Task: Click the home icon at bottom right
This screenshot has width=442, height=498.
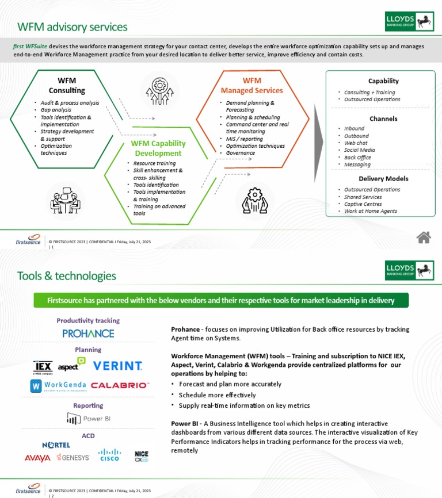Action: pyautogui.click(x=424, y=236)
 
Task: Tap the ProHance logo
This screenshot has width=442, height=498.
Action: pyautogui.click(x=88, y=333)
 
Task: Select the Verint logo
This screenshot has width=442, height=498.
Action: pyautogui.click(x=117, y=366)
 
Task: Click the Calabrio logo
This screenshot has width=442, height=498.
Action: pyautogui.click(x=120, y=385)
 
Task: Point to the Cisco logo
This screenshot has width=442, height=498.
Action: pyautogui.click(x=109, y=455)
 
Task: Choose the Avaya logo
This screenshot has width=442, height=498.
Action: pyautogui.click(x=37, y=458)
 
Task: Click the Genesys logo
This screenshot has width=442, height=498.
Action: pyautogui.click(x=73, y=458)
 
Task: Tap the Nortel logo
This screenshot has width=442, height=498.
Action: pyautogui.click(x=56, y=445)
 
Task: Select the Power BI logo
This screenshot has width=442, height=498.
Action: pyautogui.click(x=88, y=419)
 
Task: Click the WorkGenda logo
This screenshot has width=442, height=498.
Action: pyautogui.click(x=58, y=385)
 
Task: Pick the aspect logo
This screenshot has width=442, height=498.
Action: pyautogui.click(x=72, y=365)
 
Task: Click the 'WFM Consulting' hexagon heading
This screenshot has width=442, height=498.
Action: pyautogui.click(x=67, y=85)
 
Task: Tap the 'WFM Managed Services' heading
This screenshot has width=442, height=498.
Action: pyautogui.click(x=252, y=85)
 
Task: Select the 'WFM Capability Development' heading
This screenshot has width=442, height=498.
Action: pyautogui.click(x=158, y=148)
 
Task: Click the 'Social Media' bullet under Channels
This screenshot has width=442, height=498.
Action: pyautogui.click(x=359, y=150)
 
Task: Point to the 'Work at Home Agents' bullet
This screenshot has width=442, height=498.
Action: pyautogui.click(x=370, y=211)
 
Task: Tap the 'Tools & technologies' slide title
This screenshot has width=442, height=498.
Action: pyautogui.click(x=66, y=275)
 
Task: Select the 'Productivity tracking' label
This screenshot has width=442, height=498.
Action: pyautogui.click(x=88, y=320)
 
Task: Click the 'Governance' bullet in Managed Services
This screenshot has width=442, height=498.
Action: pyautogui.click(x=240, y=154)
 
